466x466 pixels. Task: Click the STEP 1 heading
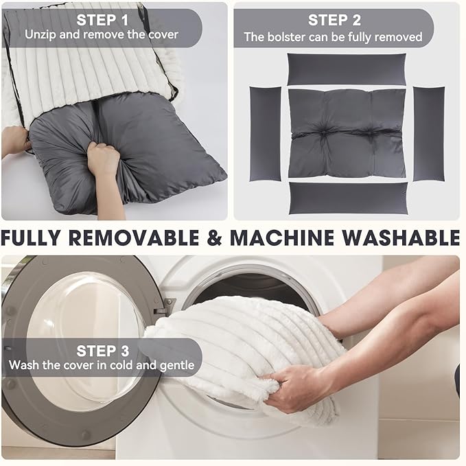(x=102, y=20)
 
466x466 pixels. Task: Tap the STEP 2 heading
(x=334, y=20)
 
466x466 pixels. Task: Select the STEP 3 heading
(x=103, y=351)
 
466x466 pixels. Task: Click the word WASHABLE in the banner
(x=401, y=237)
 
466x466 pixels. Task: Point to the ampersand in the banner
(x=214, y=237)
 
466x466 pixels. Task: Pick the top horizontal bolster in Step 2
(x=347, y=69)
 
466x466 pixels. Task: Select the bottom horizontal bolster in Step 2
(x=349, y=198)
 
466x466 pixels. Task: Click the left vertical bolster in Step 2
(x=265, y=134)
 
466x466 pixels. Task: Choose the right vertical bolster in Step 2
(x=429, y=134)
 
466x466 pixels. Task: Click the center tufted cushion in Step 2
(x=347, y=133)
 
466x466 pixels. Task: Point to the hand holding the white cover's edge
(x=16, y=139)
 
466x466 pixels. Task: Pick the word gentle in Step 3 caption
(x=177, y=366)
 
